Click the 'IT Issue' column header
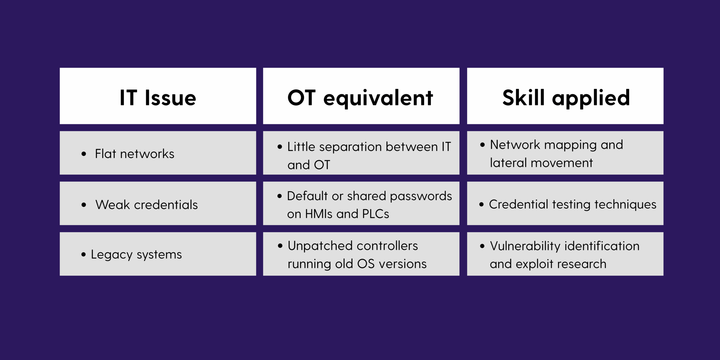[x=158, y=98]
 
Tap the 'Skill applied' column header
[x=566, y=98]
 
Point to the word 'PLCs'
[x=375, y=214]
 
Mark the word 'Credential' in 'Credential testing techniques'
[x=518, y=204]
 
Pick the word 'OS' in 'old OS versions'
[x=366, y=264]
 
